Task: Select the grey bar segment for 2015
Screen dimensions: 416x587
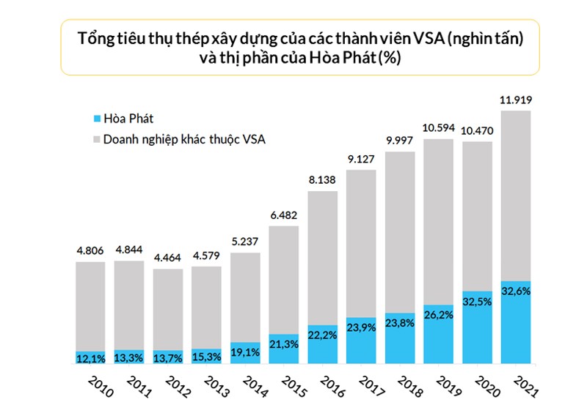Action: click(x=284, y=278)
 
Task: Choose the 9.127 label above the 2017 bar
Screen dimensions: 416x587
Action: click(x=362, y=160)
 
